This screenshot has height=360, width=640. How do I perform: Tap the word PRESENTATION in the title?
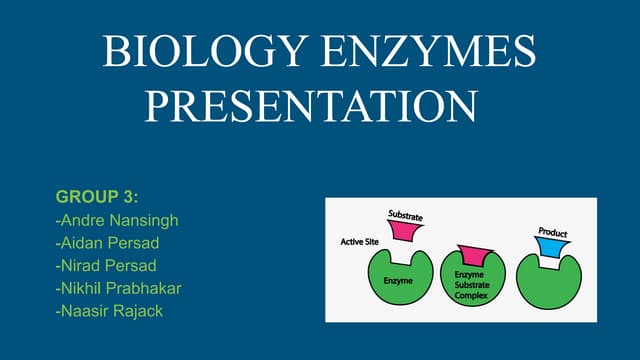click(310, 106)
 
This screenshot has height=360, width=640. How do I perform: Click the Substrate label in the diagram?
click(406, 214)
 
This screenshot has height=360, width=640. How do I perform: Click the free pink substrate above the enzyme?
click(405, 231)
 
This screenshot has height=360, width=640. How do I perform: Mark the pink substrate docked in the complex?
click(471, 257)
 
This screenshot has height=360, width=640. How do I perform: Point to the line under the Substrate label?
click(406, 221)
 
